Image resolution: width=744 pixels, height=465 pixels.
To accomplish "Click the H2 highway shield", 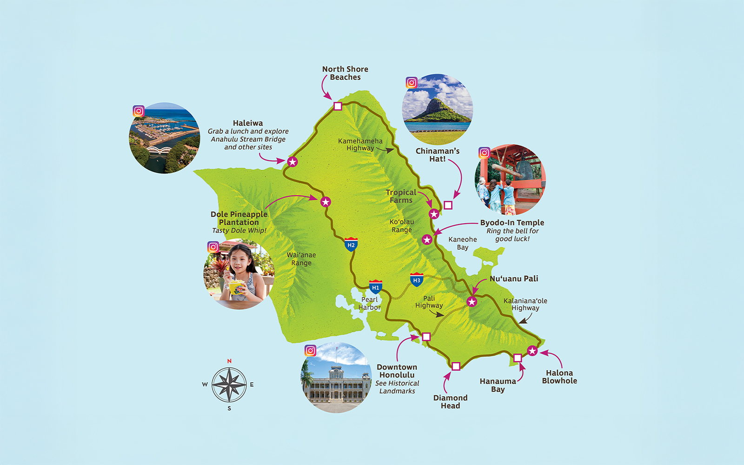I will point(351,244).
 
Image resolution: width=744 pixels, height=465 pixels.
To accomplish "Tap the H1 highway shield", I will point(376,286).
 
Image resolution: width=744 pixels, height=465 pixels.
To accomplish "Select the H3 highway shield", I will point(417,279).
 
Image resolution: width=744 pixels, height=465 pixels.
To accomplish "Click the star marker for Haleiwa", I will point(292,162).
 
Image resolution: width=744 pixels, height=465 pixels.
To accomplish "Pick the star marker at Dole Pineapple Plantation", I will point(325,202).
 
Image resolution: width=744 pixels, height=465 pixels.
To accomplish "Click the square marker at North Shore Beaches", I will point(338,106).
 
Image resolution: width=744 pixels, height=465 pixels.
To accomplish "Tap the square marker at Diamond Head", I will point(456,366).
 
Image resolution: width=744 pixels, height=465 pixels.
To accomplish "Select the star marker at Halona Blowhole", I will point(532,351).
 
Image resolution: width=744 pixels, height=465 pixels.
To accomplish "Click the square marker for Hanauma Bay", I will point(518,358).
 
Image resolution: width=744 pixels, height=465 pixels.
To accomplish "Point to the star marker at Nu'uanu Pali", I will point(472,302).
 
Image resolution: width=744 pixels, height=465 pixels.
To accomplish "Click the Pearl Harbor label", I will point(370,304).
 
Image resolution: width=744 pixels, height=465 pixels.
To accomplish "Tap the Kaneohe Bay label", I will point(463,243).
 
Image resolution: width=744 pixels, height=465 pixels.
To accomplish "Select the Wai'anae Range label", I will point(301,259).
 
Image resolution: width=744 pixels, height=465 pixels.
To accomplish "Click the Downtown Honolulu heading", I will point(397,371).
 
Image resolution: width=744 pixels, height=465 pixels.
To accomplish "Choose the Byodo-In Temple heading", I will point(512,223).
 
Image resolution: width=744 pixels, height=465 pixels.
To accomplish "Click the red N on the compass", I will point(229,361).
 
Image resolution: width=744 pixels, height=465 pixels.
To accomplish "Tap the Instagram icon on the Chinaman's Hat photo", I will point(412,83).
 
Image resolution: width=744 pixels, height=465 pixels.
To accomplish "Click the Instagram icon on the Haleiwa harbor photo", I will point(139,111).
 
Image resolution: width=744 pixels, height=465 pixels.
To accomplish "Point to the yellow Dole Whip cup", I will point(236,287).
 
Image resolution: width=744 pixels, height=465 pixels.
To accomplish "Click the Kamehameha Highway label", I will point(360,145).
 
